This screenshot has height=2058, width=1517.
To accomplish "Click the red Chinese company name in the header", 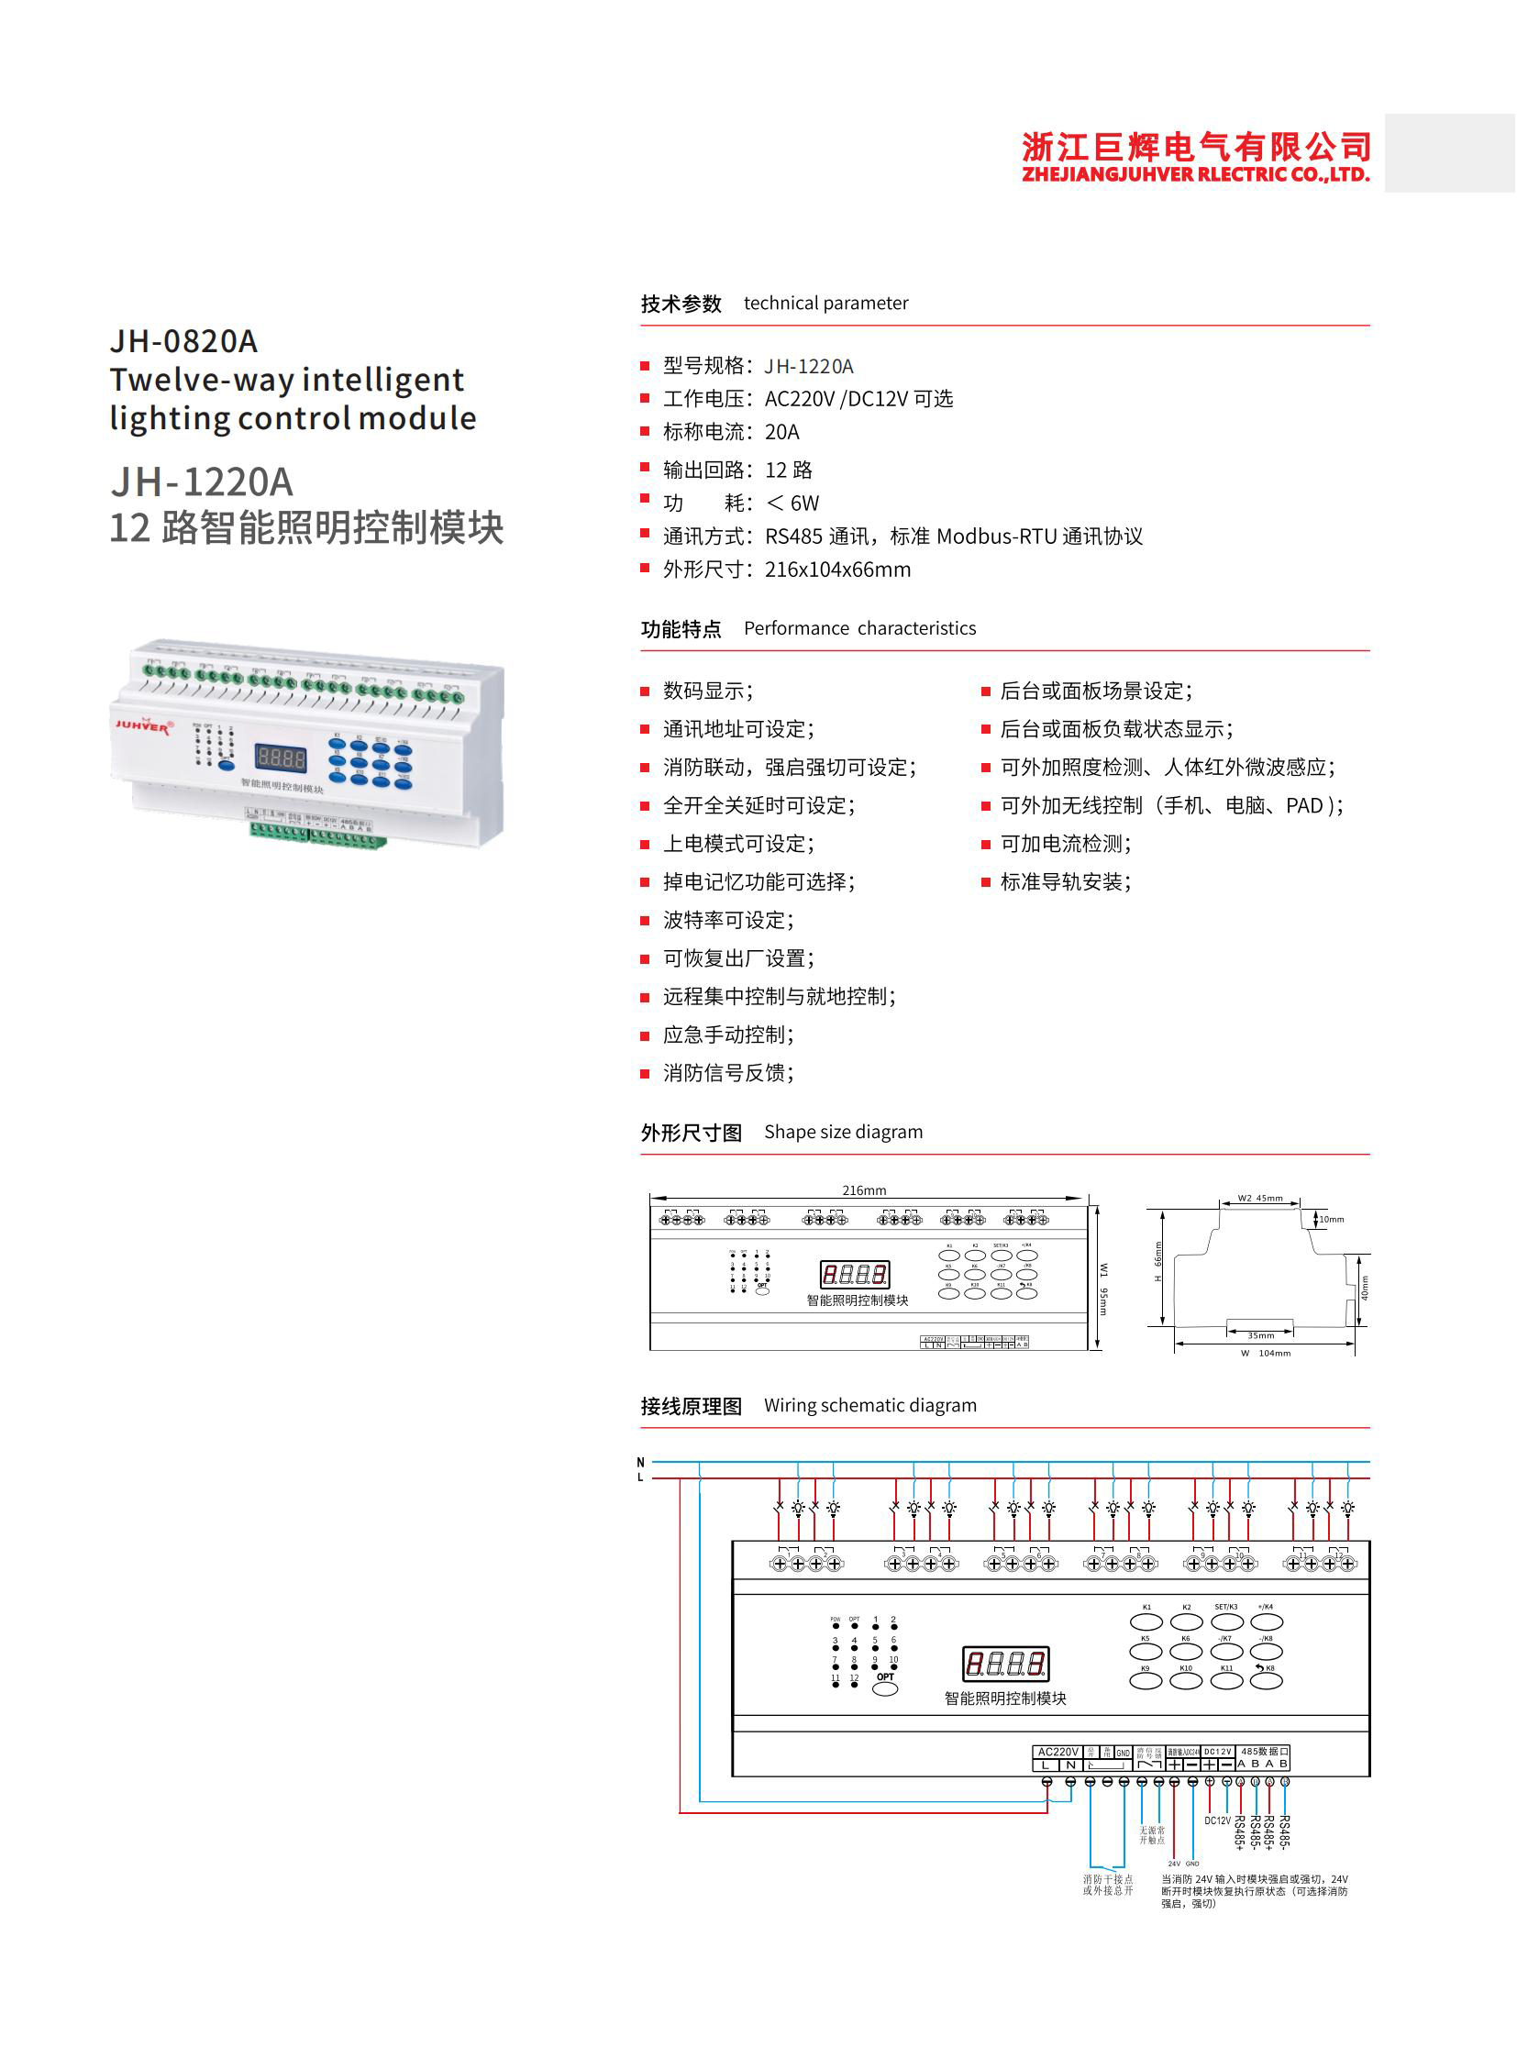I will tap(1196, 147).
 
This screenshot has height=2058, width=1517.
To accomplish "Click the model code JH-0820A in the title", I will tap(183, 341).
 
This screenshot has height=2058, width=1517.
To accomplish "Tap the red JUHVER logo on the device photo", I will tap(142, 725).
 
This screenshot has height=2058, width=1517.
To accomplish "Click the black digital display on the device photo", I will tap(281, 758).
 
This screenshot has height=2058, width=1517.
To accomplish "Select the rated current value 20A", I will tap(781, 432).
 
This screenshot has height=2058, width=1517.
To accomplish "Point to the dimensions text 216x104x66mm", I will tap(837, 570).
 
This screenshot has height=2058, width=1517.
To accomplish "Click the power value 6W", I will tap(804, 503).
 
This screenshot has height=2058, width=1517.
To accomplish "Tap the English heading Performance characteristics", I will tap(859, 628).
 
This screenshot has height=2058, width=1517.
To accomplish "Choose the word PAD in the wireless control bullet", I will tap(1304, 805).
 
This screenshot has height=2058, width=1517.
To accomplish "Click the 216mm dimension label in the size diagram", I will tap(864, 1190).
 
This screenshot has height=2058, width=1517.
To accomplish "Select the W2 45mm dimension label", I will tap(1260, 1199).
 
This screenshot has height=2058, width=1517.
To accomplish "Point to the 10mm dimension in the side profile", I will tap(1332, 1220).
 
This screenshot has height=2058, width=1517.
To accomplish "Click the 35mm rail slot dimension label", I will tap(1261, 1335).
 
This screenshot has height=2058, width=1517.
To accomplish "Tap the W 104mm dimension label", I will tap(1267, 1353).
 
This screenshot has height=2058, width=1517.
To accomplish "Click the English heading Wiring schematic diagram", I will tap(869, 1405).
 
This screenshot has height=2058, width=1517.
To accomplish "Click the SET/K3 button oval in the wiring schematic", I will tap(1227, 1622).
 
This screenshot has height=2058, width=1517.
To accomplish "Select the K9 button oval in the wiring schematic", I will tap(1146, 1681).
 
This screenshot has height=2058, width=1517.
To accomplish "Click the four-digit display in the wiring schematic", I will tap(1005, 1663).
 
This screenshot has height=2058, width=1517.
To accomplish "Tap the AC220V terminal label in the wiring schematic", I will tap(1057, 1752).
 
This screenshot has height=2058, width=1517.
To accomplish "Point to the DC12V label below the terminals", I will tap(1217, 1820).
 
